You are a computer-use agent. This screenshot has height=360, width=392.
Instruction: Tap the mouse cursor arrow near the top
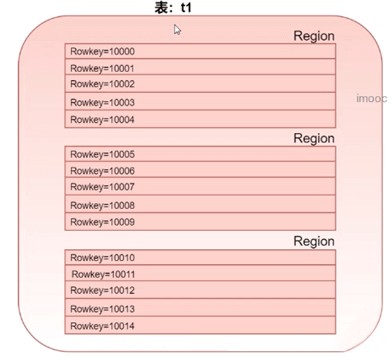click(x=178, y=30)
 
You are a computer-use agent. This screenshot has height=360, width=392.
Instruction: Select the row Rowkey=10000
click(x=200, y=52)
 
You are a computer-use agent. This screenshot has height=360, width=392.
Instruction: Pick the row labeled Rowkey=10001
click(x=200, y=69)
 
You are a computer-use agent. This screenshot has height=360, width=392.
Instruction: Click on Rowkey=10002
click(x=200, y=85)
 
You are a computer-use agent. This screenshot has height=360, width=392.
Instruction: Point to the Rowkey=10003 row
click(x=200, y=102)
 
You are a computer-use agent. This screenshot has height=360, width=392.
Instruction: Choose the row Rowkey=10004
click(x=200, y=120)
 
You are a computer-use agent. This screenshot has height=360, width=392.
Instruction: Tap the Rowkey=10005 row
click(x=200, y=156)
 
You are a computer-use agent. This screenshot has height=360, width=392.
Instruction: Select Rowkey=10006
click(x=200, y=172)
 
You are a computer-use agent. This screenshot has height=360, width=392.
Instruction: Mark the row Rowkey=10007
click(x=200, y=188)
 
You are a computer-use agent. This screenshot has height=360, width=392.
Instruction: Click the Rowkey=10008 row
click(x=200, y=205)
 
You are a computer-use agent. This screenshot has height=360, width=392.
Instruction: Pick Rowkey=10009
click(x=200, y=222)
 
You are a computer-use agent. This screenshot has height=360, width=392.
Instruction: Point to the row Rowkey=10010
click(x=200, y=258)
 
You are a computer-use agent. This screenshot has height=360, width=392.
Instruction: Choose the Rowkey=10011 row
click(x=200, y=274)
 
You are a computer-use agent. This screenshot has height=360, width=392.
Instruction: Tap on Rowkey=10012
click(x=200, y=291)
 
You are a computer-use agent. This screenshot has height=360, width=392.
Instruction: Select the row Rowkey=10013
click(x=200, y=309)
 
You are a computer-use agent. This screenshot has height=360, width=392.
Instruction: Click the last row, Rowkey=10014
click(x=200, y=326)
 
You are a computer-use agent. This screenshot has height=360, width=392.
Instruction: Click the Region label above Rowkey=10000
click(x=313, y=36)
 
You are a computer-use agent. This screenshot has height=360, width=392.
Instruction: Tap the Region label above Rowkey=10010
click(x=313, y=242)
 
